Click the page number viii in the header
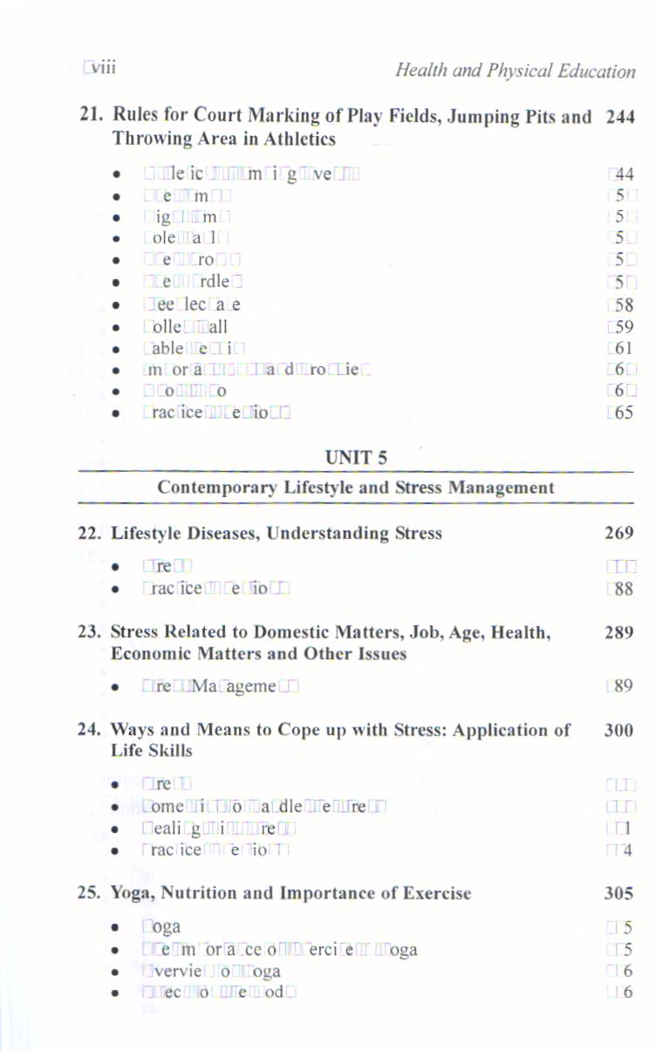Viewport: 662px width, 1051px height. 102,68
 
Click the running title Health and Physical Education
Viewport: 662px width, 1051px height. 515,70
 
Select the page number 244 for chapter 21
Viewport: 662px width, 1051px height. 619,117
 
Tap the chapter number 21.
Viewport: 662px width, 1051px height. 91,117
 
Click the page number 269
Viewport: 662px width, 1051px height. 619,533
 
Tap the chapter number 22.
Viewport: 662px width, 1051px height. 91,533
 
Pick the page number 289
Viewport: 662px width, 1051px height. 619,632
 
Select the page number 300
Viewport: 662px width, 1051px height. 619,730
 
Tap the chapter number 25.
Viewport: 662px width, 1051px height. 91,893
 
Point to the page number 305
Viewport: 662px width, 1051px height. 619,893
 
